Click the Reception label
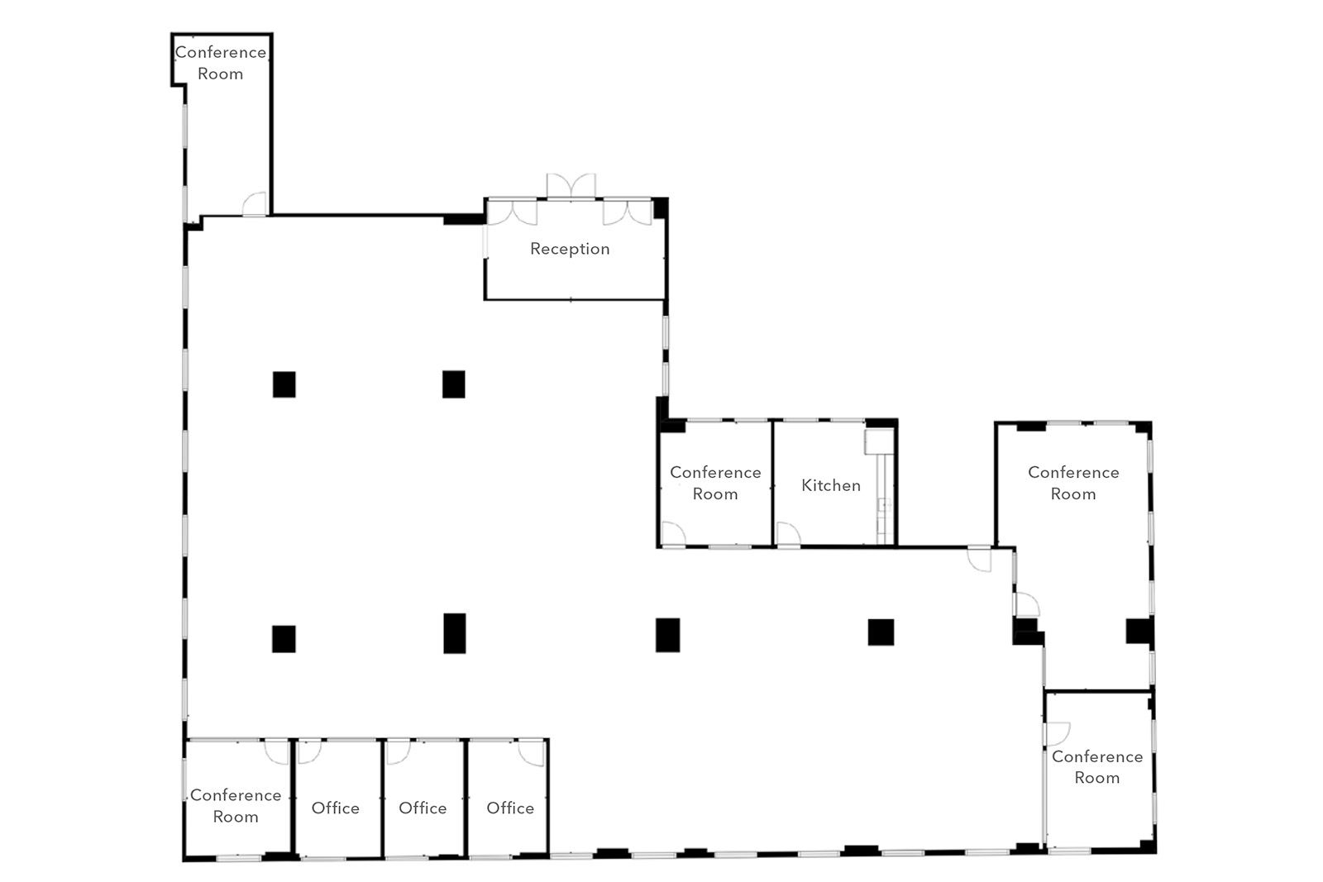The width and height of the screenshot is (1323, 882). click(570, 249)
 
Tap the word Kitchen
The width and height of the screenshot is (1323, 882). click(831, 485)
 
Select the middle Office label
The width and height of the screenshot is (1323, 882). click(423, 808)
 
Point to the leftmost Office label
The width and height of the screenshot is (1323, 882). click(336, 808)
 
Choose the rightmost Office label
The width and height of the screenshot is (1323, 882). click(510, 808)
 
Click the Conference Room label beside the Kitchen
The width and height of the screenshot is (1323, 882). click(715, 483)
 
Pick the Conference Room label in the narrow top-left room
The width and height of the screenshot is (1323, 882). click(220, 63)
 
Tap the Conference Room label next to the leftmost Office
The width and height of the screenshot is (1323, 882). click(236, 806)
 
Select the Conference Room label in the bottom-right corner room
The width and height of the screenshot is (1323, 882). click(1097, 767)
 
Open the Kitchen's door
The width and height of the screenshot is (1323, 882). click(789, 534)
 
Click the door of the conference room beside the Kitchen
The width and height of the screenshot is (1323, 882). click(673, 534)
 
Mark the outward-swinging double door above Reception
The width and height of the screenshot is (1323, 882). click(571, 185)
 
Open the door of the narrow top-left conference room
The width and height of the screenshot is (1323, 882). click(255, 203)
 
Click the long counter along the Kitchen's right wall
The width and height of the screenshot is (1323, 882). click(884, 498)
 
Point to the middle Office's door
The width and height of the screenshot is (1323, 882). click(398, 752)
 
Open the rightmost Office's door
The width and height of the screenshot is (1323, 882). click(532, 753)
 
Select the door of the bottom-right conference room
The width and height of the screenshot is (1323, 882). click(1058, 734)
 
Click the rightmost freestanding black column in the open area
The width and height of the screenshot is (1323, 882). click(881, 632)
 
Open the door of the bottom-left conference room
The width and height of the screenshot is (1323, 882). click(276, 752)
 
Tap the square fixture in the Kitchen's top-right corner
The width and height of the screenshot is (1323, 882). click(880, 441)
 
